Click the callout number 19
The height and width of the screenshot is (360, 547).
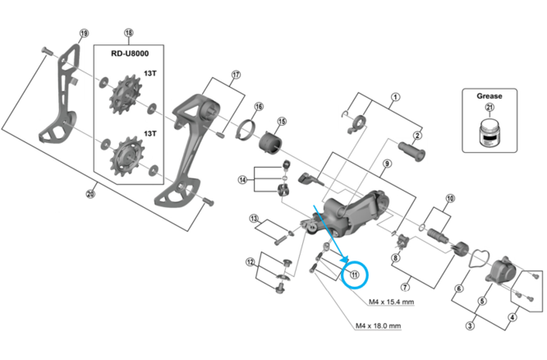point(83,34)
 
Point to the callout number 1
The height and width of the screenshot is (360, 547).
point(395,97)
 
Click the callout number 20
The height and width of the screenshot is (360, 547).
point(91,195)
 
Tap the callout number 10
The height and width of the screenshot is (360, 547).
point(449,199)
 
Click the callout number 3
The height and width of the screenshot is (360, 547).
point(470,326)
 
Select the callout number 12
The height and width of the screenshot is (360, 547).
point(250,262)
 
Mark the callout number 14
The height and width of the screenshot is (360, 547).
point(242,180)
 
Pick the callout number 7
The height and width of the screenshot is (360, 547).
point(405,287)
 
